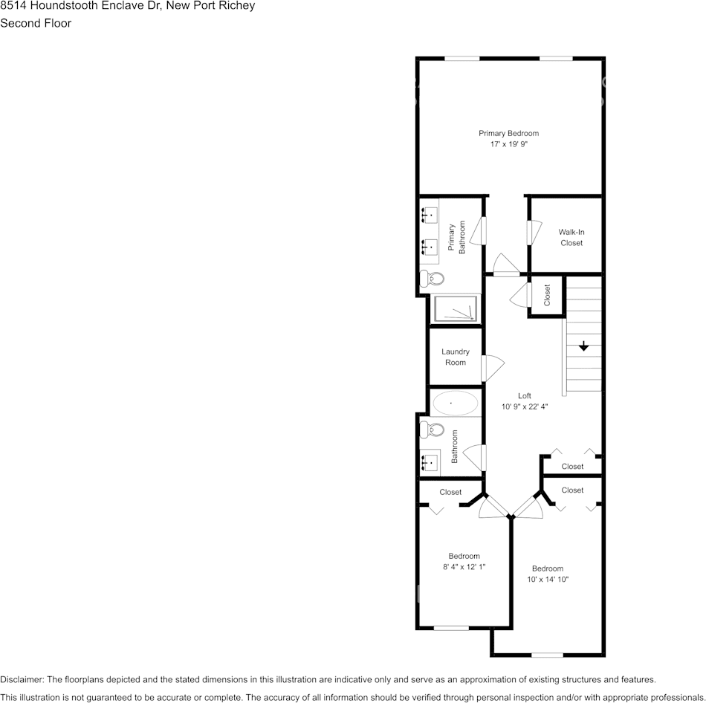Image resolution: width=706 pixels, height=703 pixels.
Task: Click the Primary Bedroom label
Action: (508, 134)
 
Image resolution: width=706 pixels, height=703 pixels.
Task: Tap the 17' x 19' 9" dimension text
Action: (508, 145)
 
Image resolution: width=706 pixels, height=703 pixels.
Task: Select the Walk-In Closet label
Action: (571, 238)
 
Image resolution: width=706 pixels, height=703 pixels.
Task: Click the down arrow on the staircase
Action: (583, 346)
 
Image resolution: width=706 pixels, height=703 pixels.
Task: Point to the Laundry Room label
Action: (456, 357)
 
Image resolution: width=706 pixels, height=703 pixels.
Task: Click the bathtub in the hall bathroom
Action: (455, 404)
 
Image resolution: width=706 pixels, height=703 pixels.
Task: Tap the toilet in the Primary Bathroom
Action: (431, 279)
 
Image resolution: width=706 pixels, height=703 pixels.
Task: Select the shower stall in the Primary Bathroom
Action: (455, 308)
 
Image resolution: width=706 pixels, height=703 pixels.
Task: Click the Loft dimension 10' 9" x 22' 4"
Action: (525, 406)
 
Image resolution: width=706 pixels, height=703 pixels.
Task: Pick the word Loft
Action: (525, 396)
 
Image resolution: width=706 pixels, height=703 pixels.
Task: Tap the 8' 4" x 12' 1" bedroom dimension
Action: (464, 567)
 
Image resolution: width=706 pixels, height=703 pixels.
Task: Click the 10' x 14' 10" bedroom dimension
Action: (548, 580)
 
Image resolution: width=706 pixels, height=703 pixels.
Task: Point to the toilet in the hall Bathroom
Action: (431, 430)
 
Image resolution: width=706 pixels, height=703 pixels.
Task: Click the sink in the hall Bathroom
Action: (430, 462)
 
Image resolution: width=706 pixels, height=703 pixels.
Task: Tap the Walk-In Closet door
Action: (531, 233)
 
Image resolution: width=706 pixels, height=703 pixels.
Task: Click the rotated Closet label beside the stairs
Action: (548, 296)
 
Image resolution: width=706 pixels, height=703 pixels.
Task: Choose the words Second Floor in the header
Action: (36, 23)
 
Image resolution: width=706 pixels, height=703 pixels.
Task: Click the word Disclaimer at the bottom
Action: (22, 680)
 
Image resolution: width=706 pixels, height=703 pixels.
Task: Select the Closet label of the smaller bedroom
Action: (450, 492)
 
